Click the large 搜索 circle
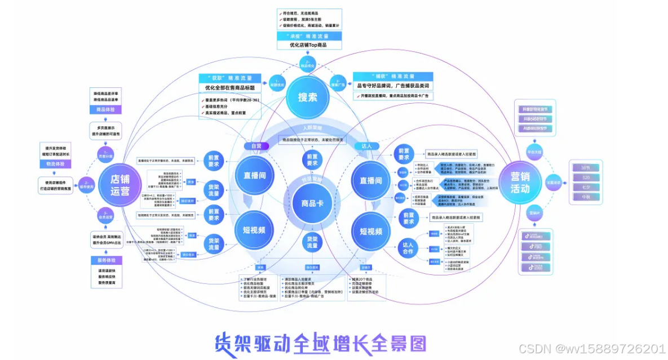coord(308,97)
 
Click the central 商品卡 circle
coord(309,203)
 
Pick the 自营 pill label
coord(256,146)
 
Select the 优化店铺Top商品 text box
coord(308,45)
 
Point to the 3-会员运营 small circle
coord(107,215)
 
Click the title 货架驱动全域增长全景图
coord(320,343)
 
